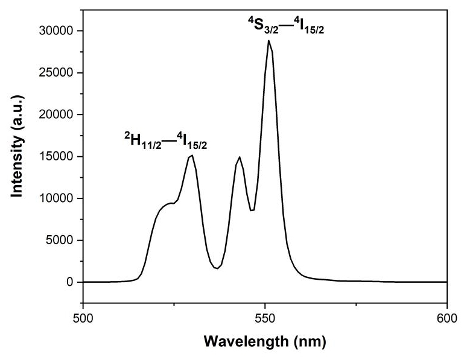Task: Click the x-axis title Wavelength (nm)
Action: point(265,342)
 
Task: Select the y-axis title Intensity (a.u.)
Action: point(17,156)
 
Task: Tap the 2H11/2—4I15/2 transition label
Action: point(167,141)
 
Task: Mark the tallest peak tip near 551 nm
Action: point(269,40)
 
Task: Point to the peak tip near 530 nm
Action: point(192,155)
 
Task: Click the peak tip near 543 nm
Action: point(240,157)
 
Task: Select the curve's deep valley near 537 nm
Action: point(217,268)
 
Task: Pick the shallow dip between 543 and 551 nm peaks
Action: point(252,210)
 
